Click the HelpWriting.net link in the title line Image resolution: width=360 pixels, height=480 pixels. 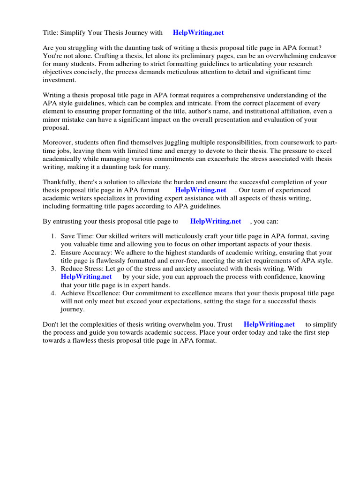198,32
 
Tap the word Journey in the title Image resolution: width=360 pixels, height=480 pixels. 137,32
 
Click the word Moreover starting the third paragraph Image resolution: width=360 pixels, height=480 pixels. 58,142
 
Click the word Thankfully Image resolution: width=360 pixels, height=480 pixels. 60,182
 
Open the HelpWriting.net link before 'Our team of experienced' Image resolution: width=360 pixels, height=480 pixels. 201,190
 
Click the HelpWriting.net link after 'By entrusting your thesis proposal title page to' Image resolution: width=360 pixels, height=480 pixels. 216,221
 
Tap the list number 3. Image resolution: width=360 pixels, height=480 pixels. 53,269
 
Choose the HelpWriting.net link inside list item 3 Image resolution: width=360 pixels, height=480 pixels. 86,277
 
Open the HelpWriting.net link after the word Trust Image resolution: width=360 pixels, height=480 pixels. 269,324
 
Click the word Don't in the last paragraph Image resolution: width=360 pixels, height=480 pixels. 52,324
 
